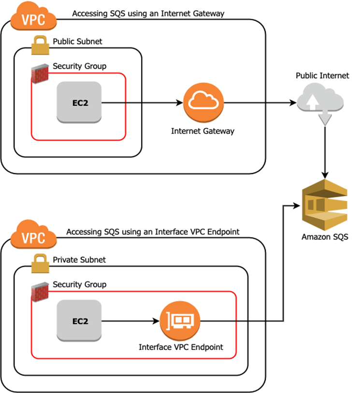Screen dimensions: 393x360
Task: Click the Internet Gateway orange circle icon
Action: click(x=203, y=103)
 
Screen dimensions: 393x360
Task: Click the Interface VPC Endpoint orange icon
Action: click(x=180, y=321)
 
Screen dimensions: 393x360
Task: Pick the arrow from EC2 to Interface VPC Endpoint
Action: click(x=130, y=320)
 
